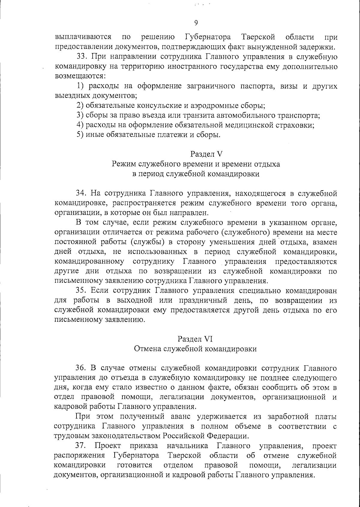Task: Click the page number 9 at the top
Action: point(196,23)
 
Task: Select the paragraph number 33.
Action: point(81,57)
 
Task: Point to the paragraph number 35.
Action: point(81,291)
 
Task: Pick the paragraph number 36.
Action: point(81,368)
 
